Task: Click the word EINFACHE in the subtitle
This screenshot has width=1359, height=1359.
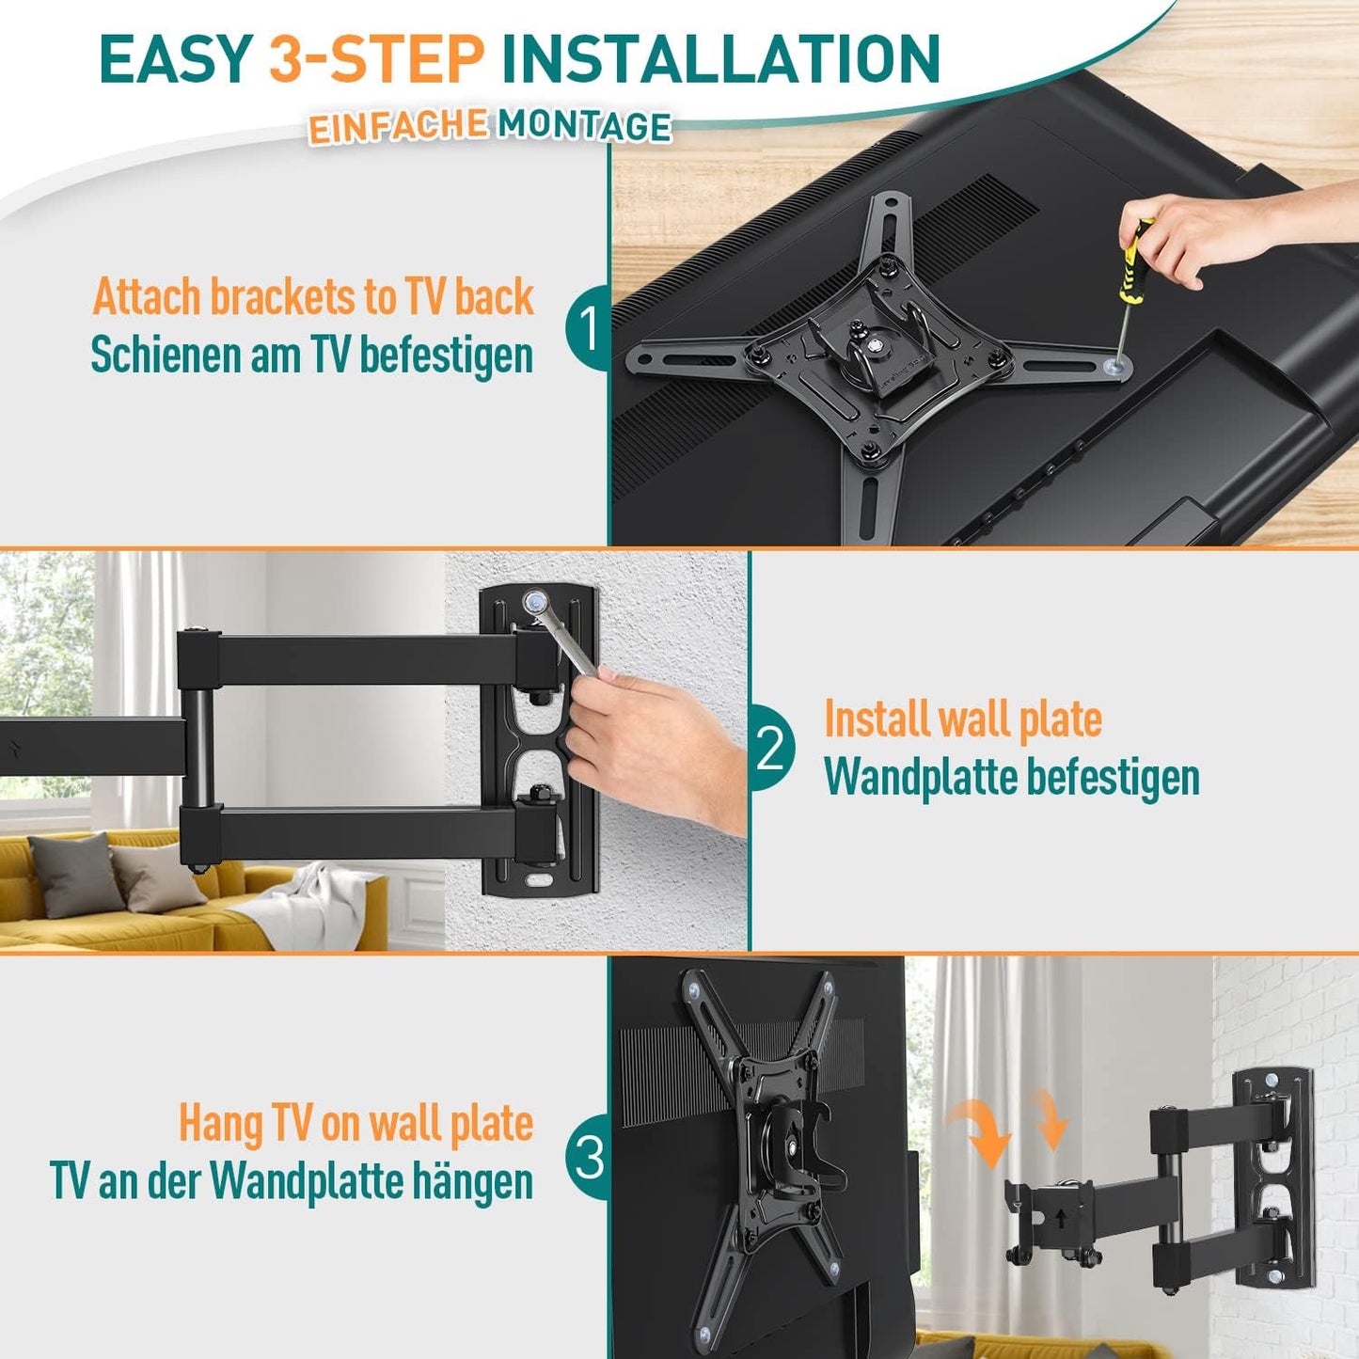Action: (398, 127)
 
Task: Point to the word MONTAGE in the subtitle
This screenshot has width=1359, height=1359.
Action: (585, 126)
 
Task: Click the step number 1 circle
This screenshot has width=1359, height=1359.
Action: (587, 328)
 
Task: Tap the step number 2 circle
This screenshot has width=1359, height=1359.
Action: (771, 750)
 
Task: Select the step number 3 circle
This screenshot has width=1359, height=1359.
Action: (588, 1157)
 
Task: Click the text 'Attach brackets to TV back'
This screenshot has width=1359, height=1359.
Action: (313, 297)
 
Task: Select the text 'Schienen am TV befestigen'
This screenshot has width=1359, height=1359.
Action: (311, 356)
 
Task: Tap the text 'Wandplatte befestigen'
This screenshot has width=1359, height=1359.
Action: (1012, 777)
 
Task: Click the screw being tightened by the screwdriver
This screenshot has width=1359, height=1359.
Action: (1115, 365)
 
